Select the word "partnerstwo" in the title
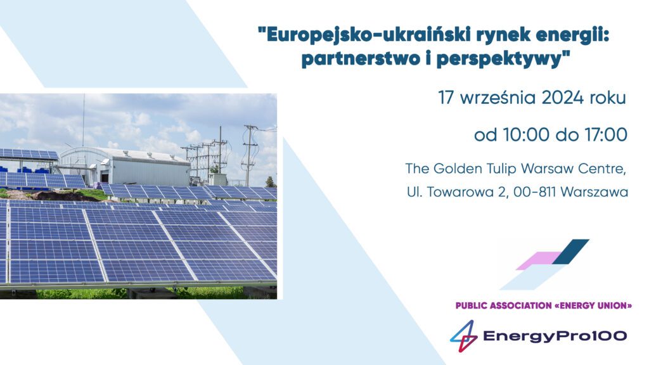point(360,59)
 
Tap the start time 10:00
point(527,135)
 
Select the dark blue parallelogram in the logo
point(571,251)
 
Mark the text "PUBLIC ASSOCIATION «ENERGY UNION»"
point(543,306)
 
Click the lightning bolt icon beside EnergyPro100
point(463,336)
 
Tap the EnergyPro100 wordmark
point(555,336)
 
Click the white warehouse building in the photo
point(125,167)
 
